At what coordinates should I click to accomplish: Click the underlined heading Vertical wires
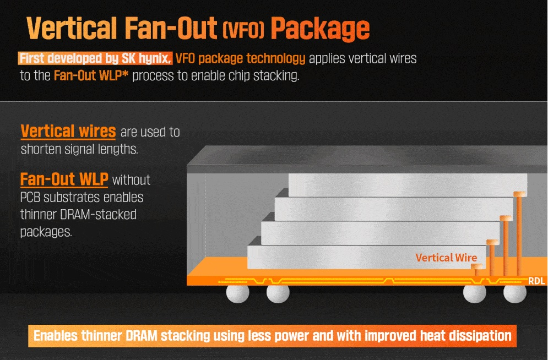pyautogui.click(x=68, y=132)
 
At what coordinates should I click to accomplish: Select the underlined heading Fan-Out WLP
pyautogui.click(x=64, y=179)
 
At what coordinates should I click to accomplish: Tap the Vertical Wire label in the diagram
pyautogui.click(x=446, y=257)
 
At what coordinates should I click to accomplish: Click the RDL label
pyautogui.click(x=536, y=281)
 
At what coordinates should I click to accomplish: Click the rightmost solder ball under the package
pyautogui.click(x=516, y=293)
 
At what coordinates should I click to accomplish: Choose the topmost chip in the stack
pyautogui.click(x=408, y=184)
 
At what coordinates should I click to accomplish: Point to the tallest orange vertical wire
pyautogui.click(x=518, y=234)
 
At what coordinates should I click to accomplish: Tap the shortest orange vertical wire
pyautogui.click(x=478, y=271)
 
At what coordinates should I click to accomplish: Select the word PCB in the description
pyautogui.click(x=31, y=197)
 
